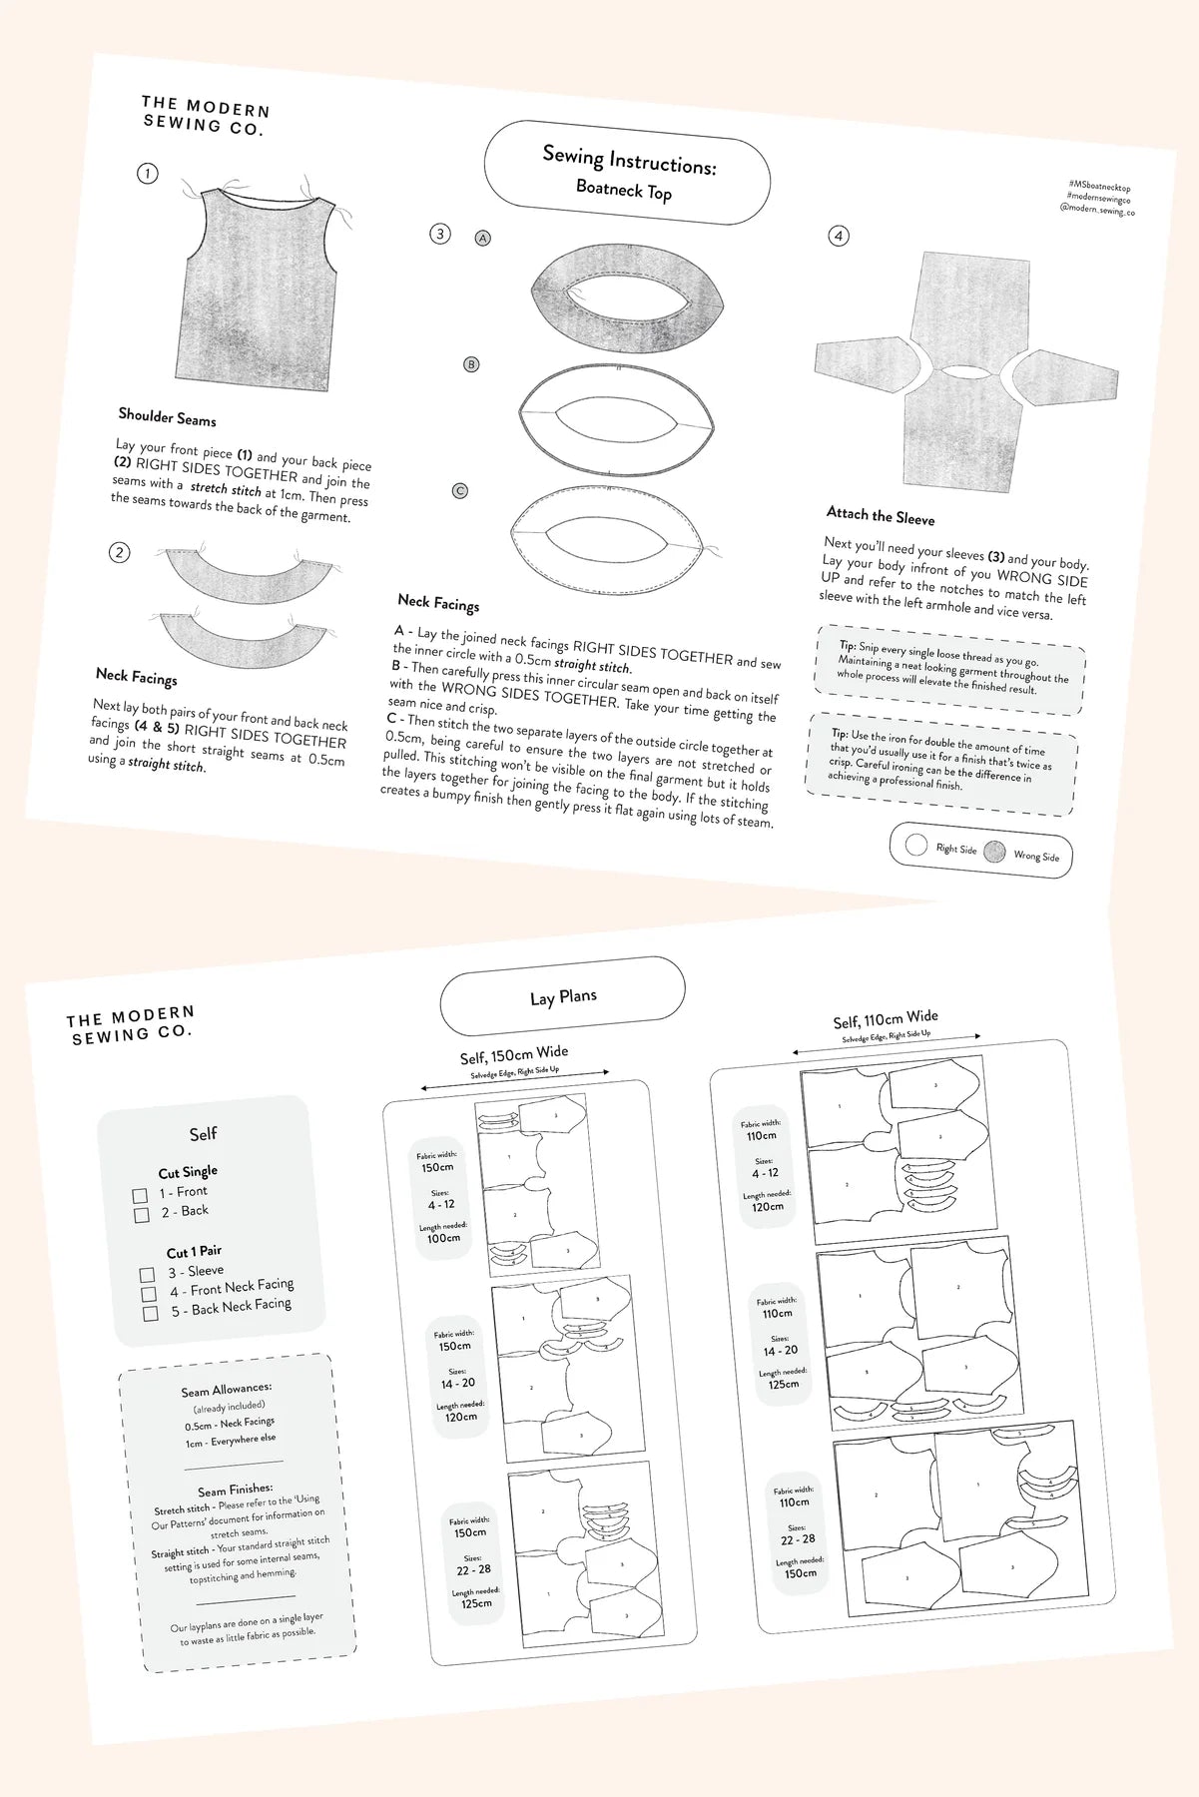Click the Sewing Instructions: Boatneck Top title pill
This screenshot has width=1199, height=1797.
click(x=627, y=173)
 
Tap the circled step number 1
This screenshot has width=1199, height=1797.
click(x=148, y=174)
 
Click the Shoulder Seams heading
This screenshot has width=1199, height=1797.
click(x=167, y=416)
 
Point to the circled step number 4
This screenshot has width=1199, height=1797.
click(x=839, y=237)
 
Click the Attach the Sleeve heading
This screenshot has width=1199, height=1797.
click(x=881, y=515)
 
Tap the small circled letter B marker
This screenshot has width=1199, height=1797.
click(x=471, y=364)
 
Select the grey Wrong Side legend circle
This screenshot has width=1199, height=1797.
click(x=994, y=852)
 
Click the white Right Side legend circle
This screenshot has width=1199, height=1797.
click(x=915, y=846)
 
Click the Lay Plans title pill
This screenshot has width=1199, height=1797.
click(x=563, y=996)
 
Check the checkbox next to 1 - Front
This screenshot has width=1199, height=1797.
click(x=140, y=1195)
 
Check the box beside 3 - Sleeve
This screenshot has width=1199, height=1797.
click(x=147, y=1275)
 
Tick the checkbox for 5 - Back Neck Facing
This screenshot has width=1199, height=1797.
click(x=151, y=1313)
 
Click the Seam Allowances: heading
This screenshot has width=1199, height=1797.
click(x=227, y=1390)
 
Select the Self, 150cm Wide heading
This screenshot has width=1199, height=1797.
click(x=514, y=1054)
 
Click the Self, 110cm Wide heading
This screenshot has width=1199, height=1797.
click(x=886, y=1019)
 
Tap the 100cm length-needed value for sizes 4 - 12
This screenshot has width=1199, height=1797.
click(x=444, y=1238)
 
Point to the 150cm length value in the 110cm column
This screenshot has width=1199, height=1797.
click(x=801, y=1572)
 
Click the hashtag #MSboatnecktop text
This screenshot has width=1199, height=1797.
click(x=1099, y=186)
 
